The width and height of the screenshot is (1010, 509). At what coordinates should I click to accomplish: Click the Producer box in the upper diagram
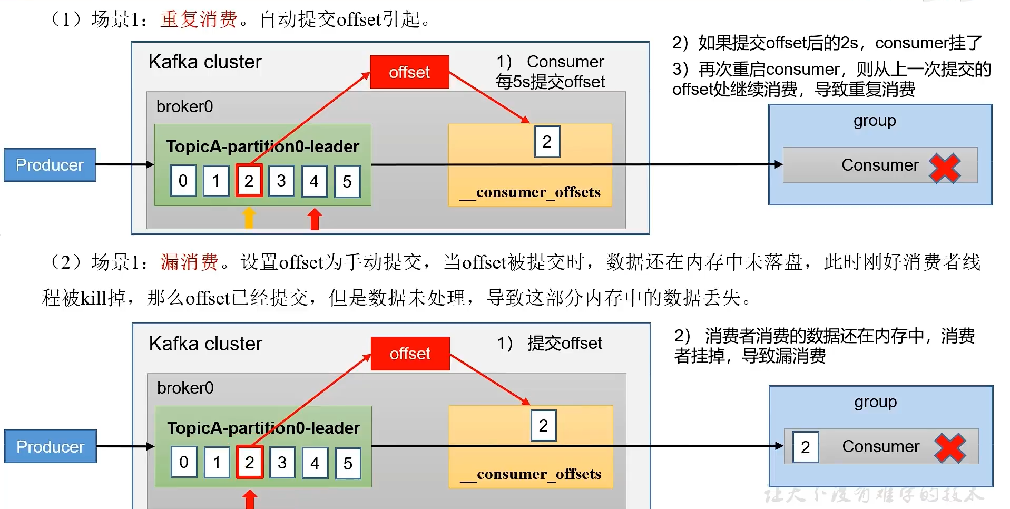tap(50, 165)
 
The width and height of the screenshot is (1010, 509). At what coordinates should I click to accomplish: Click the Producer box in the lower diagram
tap(51, 446)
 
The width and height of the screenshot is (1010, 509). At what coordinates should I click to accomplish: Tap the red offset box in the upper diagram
tap(409, 72)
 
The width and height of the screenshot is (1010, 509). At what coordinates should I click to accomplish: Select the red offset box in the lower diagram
tap(410, 354)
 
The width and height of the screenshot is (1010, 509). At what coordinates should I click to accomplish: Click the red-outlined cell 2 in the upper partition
tap(249, 181)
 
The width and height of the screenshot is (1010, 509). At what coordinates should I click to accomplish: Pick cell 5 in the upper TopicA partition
tap(347, 181)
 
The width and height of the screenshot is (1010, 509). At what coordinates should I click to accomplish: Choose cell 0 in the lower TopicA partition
tap(184, 462)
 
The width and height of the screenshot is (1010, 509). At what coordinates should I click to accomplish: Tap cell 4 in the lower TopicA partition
tap(315, 463)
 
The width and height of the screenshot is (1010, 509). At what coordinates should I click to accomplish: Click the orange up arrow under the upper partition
tap(249, 218)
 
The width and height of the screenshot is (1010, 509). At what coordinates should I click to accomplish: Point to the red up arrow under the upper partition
tap(315, 219)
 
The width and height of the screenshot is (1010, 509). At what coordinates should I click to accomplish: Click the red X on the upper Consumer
tap(945, 168)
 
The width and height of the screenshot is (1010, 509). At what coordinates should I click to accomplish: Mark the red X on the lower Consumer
tap(950, 448)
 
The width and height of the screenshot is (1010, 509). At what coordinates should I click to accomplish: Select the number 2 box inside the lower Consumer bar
tap(806, 447)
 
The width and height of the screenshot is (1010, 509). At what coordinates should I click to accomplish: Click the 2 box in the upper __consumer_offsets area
tap(547, 141)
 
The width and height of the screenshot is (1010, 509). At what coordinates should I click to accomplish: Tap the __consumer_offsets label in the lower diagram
tap(531, 474)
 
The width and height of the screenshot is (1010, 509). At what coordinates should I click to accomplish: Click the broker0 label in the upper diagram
tap(184, 106)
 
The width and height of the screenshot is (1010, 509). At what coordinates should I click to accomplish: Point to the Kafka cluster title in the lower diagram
tap(205, 344)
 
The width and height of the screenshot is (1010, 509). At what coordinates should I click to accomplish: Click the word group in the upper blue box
tap(875, 121)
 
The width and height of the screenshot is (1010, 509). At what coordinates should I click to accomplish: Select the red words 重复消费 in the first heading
tap(199, 19)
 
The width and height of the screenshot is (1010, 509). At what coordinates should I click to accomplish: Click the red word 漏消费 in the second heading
tap(189, 262)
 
